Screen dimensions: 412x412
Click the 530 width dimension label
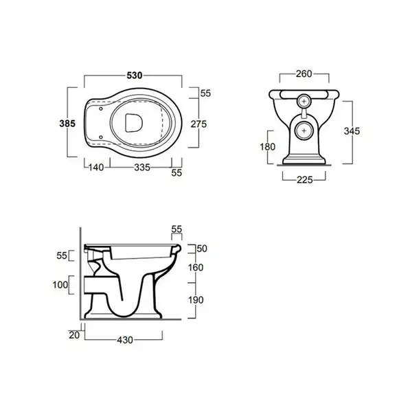pos(135,76)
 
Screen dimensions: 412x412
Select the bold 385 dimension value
pos(67,123)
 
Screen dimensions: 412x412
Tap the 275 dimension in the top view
pos(198,124)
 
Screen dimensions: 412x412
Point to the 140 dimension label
pos(96,168)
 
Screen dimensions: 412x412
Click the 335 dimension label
pos(142,168)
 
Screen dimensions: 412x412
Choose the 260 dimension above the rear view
pos(304,74)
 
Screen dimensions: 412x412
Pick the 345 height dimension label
pos(352,131)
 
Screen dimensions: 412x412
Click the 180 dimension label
pos(268,147)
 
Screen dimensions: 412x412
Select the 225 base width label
pos(305,180)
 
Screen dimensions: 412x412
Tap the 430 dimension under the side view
pos(125,340)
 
